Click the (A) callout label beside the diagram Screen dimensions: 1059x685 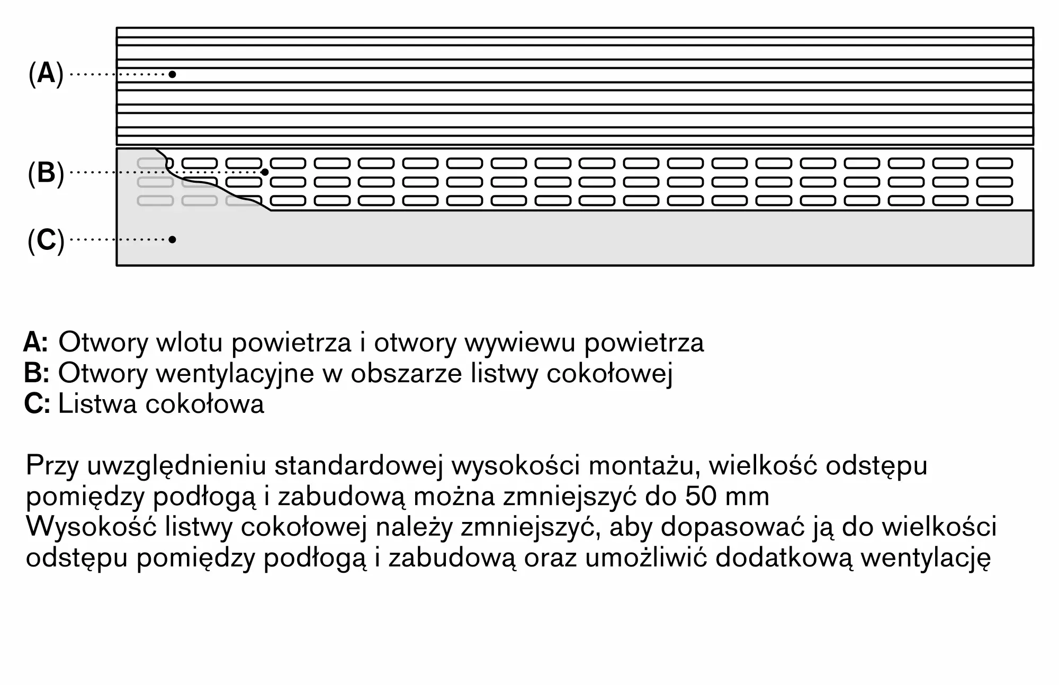point(46,74)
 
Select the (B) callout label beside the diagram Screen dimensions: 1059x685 point(46,173)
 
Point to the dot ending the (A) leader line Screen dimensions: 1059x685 point(172,74)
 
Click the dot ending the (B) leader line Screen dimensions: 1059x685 point(265,172)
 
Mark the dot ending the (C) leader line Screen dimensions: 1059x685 point(172,239)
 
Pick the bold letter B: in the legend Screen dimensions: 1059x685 point(37,373)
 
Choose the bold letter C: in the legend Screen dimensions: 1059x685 point(37,404)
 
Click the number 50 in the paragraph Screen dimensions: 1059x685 point(701,497)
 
